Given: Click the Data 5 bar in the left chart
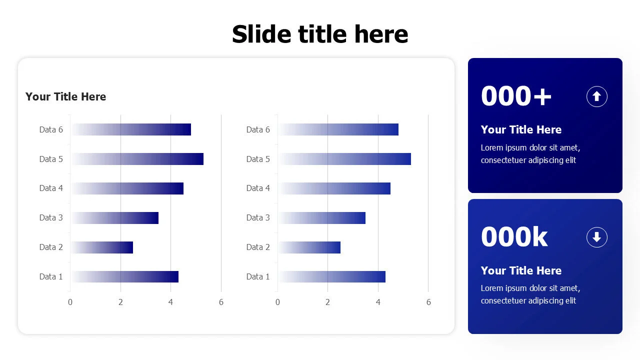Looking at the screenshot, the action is coord(137,159).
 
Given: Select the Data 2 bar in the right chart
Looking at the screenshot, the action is coord(309,247).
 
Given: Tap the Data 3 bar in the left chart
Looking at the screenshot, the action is coord(115,217).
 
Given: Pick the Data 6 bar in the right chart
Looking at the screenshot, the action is coord(338,129).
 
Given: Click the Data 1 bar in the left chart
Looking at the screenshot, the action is coord(125,276).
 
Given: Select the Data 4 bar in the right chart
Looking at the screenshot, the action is coord(334,188).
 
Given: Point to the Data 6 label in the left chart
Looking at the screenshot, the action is coord(51,129).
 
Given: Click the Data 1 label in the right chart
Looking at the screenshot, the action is coord(258,276).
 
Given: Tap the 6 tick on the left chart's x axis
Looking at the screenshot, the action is coord(221,302).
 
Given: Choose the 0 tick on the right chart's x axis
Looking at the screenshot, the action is coord(277,302).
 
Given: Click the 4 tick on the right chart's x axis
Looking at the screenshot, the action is coord(378,302).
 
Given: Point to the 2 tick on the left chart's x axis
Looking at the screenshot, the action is coord(120,302).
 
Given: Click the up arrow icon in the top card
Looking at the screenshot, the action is coord(597,96).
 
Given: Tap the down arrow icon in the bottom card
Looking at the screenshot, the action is coord(597,237).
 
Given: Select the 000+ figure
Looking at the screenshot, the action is coord(516,96).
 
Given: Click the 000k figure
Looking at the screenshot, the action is coord(514,236).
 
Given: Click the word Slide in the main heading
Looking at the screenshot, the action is coord(261,34).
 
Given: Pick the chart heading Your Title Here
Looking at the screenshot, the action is coord(65,96).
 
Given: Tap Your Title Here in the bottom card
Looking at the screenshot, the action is coord(521,270).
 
